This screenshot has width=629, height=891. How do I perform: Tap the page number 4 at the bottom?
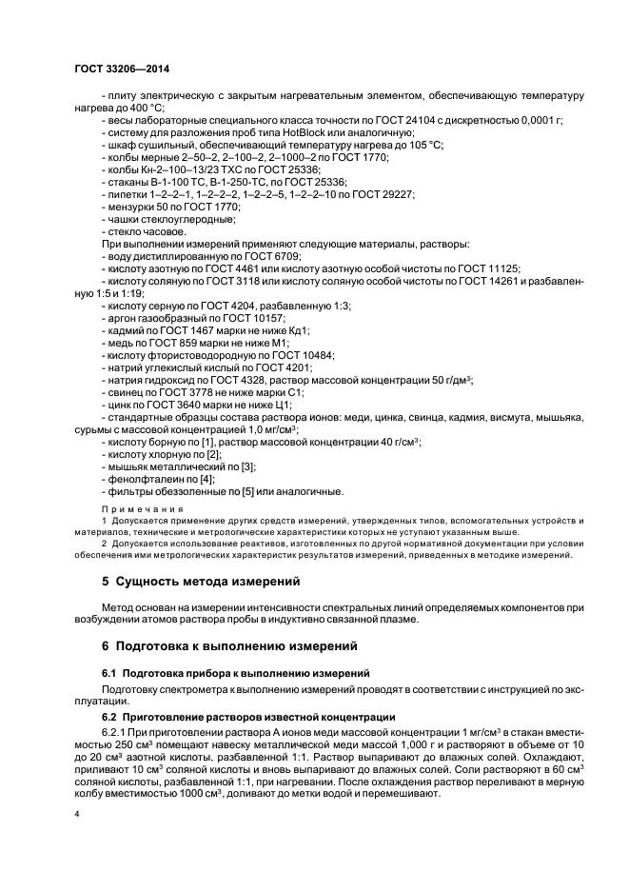(x=76, y=815)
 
